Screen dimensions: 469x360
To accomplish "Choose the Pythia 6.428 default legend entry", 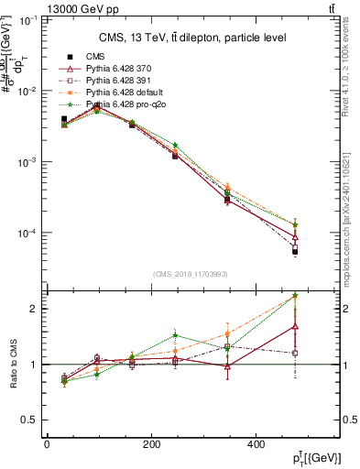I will [125, 93].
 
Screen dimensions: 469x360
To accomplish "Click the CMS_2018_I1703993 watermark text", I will [190, 274].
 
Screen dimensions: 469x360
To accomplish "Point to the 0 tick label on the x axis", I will [47, 444].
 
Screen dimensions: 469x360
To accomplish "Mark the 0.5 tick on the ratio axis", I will [29, 420].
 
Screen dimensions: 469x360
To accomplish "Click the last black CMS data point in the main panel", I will [295, 250].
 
